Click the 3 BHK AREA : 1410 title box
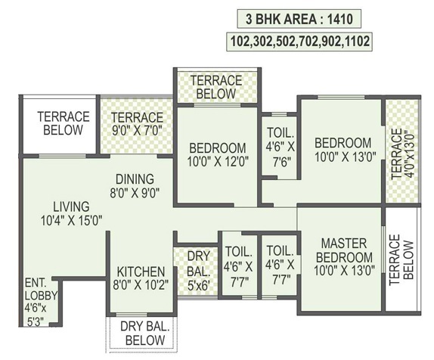click(299, 19)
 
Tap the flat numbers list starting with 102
click(299, 42)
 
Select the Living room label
click(71, 207)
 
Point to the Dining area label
click(135, 179)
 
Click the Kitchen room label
click(141, 272)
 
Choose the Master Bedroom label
click(344, 250)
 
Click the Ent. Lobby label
click(41, 290)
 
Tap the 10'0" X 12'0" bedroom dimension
click(218, 162)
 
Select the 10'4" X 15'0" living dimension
click(71, 221)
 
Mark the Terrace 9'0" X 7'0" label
click(137, 124)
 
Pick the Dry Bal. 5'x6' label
click(198, 271)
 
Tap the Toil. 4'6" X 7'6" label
click(280, 147)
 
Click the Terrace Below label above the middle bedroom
click(216, 87)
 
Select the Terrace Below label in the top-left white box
click(64, 123)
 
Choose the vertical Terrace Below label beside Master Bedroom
click(401, 260)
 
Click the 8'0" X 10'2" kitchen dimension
click(141, 284)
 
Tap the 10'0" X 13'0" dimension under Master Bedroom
click(344, 270)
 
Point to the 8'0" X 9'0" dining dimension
click(135, 192)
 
